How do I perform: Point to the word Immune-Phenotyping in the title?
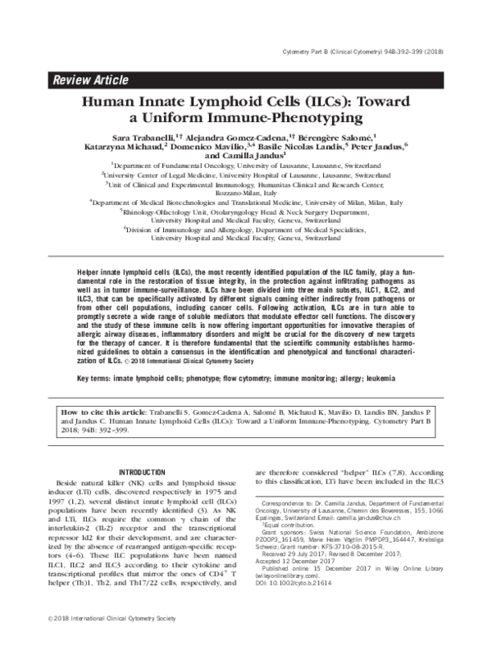(x=298, y=118)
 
